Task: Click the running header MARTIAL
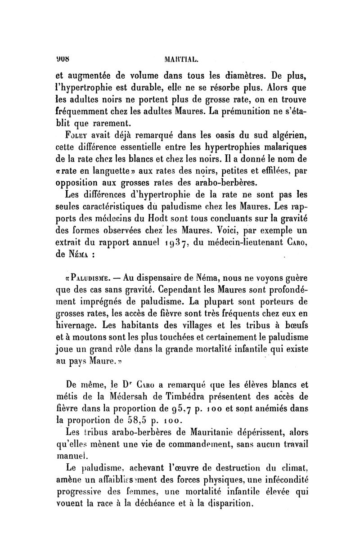(x=180, y=45)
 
